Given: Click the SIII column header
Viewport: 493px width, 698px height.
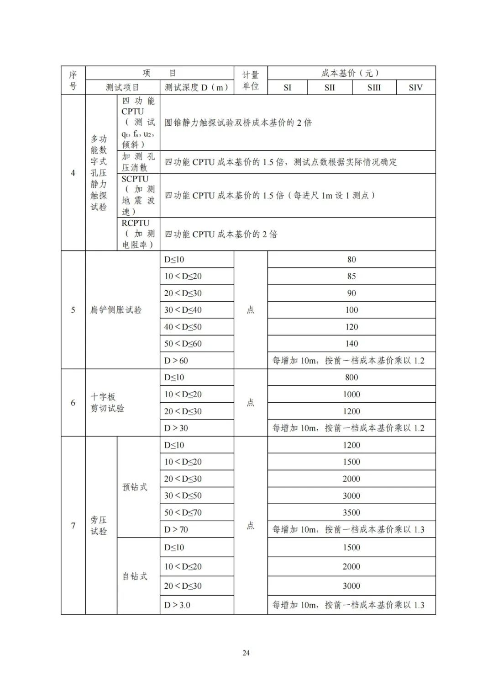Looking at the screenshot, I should click(374, 87).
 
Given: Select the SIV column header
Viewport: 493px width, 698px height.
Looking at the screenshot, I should click(415, 87).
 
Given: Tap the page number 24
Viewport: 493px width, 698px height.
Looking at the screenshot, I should click(246, 653).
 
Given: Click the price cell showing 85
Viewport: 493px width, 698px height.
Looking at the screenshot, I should click(351, 276).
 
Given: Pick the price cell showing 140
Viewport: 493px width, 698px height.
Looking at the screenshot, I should click(351, 343).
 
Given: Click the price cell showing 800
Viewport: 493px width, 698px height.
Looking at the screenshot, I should click(351, 377).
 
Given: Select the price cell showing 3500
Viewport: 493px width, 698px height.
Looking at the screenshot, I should click(351, 512).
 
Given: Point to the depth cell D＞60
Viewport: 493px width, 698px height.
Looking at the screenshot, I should click(176, 361).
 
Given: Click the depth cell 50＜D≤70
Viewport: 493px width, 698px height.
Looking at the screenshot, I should click(183, 512).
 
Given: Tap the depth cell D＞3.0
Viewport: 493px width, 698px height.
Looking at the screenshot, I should click(177, 605).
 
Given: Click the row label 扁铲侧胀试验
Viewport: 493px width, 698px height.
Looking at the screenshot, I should click(116, 310).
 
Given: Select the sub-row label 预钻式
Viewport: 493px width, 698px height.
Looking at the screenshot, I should click(135, 487).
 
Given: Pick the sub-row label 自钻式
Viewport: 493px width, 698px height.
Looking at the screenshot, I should click(135, 576).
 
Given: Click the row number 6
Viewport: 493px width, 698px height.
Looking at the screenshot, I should click(73, 403).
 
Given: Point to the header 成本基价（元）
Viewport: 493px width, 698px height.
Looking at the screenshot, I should click(351, 73).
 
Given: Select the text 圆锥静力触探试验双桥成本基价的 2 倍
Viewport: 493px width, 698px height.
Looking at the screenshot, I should click(238, 123).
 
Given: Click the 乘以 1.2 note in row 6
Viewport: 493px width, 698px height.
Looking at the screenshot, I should click(348, 428).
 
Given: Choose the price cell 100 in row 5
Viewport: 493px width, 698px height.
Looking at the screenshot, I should click(351, 310).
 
